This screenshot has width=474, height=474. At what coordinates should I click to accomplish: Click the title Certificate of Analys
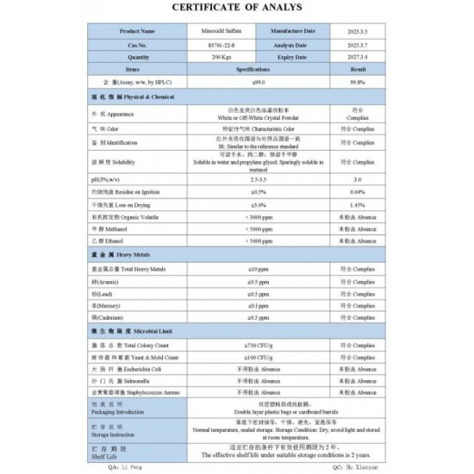tap(236, 10)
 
